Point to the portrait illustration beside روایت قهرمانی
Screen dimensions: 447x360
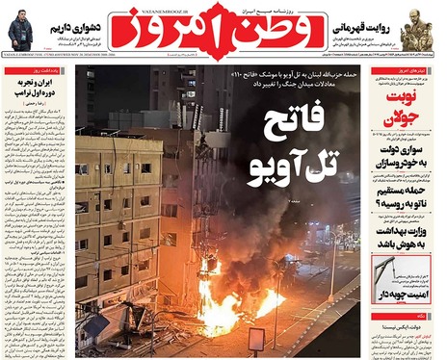point(428,29)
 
